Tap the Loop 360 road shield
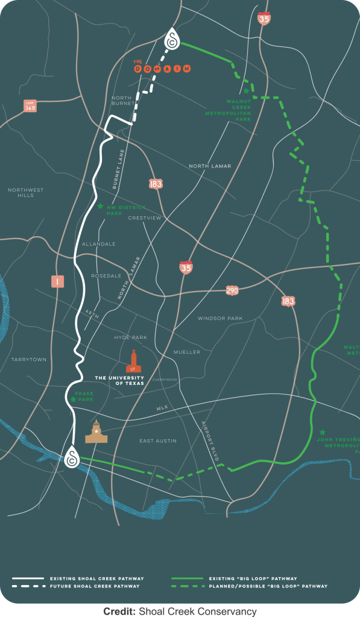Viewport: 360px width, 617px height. pyautogui.click(x=30, y=106)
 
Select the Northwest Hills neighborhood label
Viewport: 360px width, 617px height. pyautogui.click(x=25, y=193)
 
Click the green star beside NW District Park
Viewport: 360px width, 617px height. pyautogui.click(x=100, y=206)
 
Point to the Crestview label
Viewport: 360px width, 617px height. pyautogui.click(x=145, y=218)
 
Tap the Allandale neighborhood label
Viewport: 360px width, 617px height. pyautogui.click(x=99, y=244)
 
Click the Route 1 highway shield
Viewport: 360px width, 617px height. pyautogui.click(x=57, y=281)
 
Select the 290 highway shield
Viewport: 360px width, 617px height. pyautogui.click(x=233, y=290)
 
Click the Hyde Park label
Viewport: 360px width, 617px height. pyautogui.click(x=131, y=337)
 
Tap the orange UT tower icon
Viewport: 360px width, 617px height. pyautogui.click(x=134, y=361)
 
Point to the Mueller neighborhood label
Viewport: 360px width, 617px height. pyautogui.click(x=186, y=352)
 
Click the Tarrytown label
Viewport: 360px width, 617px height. pyautogui.click(x=29, y=359)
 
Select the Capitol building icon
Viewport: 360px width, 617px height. pyautogui.click(x=96, y=431)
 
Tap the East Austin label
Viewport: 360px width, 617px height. pyautogui.click(x=158, y=441)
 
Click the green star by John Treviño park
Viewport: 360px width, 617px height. pyautogui.click(x=323, y=432)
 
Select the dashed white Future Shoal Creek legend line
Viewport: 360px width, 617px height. pyautogui.click(x=28, y=586)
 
